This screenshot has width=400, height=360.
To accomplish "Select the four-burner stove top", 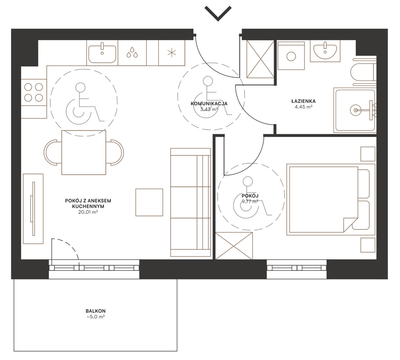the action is pyautogui.click(x=33, y=92).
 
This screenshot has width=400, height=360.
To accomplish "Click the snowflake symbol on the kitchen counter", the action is pyautogui.click(x=171, y=53).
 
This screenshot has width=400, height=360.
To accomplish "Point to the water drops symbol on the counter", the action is pyautogui.click(x=132, y=52).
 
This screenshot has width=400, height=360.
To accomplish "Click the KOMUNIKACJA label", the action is pyautogui.click(x=209, y=104).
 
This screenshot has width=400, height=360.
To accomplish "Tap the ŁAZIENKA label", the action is pyautogui.click(x=303, y=101).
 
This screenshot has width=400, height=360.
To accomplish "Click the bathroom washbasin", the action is pyautogui.click(x=325, y=51).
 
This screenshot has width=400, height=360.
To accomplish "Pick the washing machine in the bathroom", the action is pyautogui.click(x=291, y=56).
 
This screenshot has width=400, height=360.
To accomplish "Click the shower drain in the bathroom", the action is pyautogui.click(x=355, y=110).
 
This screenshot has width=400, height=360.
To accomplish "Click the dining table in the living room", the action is pyautogui.click(x=84, y=152).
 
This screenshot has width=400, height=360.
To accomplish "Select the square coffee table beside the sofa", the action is pyautogui.click(x=149, y=203).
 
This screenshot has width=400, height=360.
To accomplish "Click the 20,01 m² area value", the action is pyautogui.click(x=88, y=212).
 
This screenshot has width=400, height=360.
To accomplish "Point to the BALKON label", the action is pyautogui.click(x=96, y=311).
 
